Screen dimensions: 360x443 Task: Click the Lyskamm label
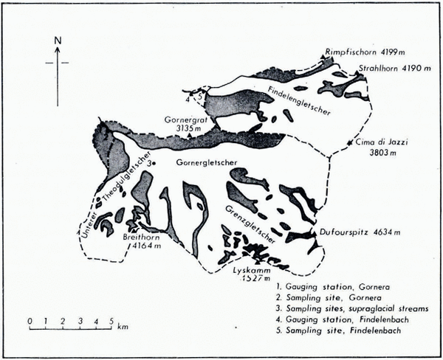(x=250, y=271)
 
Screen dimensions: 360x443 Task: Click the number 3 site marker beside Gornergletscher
(x=150, y=162)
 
